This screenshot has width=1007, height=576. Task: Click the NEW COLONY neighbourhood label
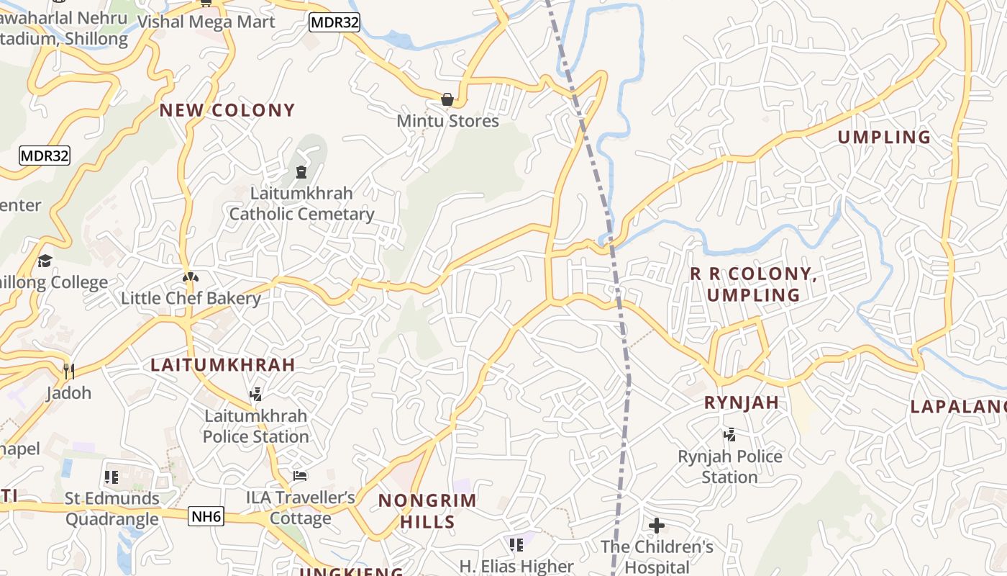(227, 110)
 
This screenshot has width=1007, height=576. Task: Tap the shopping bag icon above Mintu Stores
(447, 99)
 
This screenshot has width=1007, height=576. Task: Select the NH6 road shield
(206, 516)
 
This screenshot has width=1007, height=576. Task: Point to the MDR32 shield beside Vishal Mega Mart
(334, 22)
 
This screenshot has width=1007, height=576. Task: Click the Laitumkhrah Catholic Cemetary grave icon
(301, 172)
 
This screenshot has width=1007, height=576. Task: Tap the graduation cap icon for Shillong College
(45, 261)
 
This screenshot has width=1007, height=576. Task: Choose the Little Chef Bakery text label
(191, 298)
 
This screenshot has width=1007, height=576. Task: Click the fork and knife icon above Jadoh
(69, 372)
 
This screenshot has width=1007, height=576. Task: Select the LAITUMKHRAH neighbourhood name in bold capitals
(223, 364)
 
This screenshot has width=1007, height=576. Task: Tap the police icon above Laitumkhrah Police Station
(255, 394)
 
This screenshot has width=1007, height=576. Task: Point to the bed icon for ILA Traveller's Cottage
(300, 476)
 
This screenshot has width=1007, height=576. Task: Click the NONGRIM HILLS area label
(427, 510)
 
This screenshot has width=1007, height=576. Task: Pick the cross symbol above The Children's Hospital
(657, 526)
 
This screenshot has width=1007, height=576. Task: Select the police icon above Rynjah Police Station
(729, 434)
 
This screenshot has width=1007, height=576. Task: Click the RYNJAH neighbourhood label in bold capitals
(742, 402)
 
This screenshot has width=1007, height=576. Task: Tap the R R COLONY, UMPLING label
(753, 284)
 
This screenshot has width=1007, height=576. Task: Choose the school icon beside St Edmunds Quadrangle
(111, 477)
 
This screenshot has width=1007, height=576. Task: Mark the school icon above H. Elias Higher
(516, 545)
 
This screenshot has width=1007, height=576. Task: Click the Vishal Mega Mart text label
(206, 22)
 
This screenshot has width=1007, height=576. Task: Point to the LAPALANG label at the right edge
(958, 406)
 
